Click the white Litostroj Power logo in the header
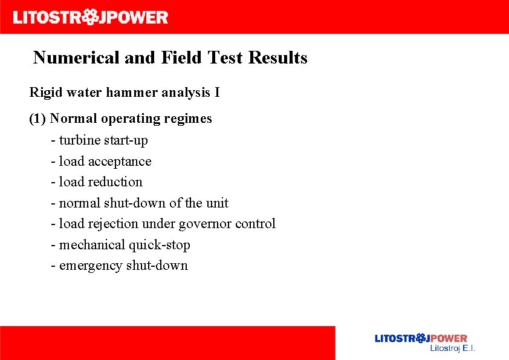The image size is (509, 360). [x=91, y=17]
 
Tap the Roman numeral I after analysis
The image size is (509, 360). [x=217, y=93]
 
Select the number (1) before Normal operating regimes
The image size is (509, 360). [x=37, y=119]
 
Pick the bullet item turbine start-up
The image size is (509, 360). [x=103, y=140]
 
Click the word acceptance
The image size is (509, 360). [x=120, y=162]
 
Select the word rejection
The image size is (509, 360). [x=111, y=224]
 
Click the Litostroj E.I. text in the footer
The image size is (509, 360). [x=452, y=349]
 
